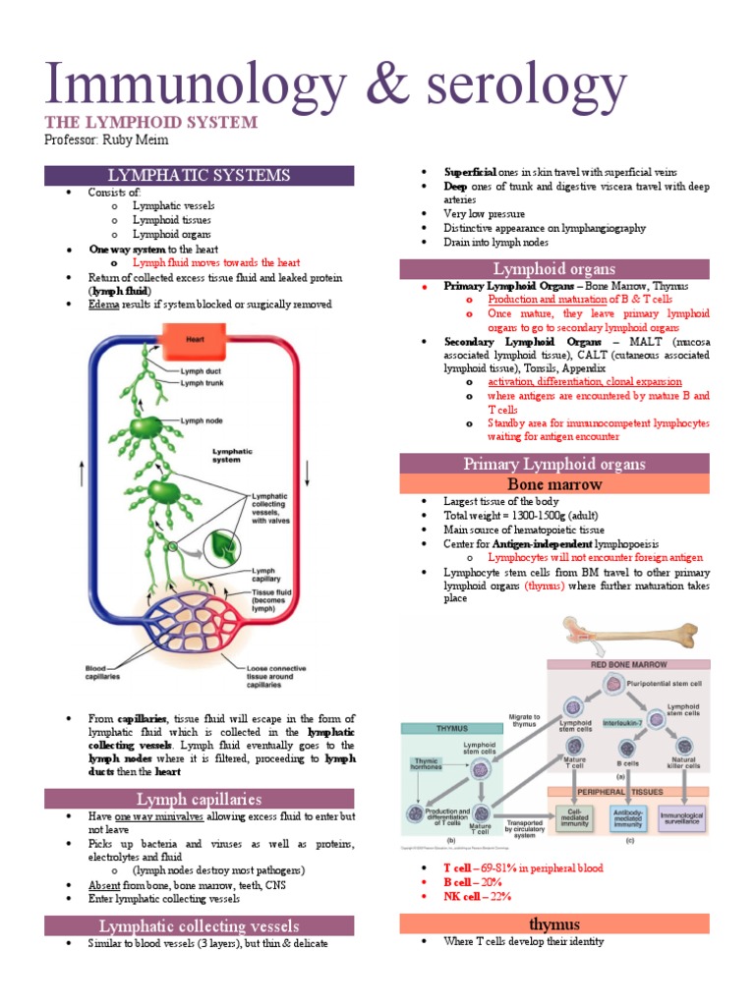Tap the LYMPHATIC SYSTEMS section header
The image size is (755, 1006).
click(x=199, y=175)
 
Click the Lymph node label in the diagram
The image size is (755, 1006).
click(x=201, y=419)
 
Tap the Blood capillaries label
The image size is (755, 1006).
click(x=107, y=674)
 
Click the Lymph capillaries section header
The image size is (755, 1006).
click(x=199, y=799)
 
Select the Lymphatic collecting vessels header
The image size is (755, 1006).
click(x=199, y=925)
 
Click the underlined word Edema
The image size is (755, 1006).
click(x=103, y=305)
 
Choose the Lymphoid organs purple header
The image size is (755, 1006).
click(x=554, y=268)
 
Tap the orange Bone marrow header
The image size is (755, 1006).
click(x=554, y=484)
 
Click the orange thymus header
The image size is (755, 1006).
click(x=554, y=924)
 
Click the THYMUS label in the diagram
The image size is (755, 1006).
click(x=434, y=728)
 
